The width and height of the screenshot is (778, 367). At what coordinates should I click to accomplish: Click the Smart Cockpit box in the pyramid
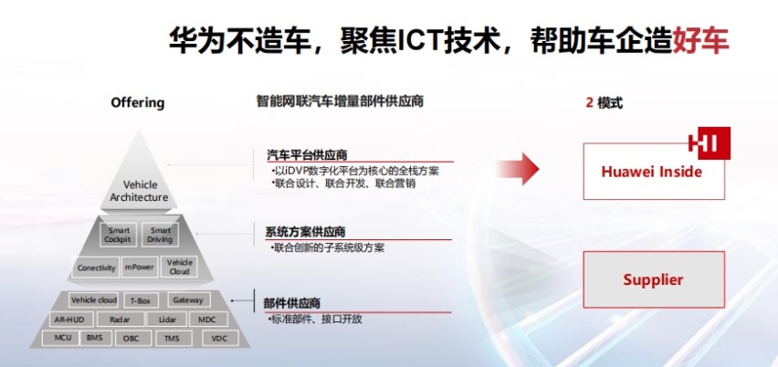pyautogui.click(x=118, y=235)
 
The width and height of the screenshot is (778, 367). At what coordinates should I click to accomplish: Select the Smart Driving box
pyautogui.click(x=160, y=235)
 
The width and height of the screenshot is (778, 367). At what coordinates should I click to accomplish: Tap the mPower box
pyautogui.click(x=140, y=267)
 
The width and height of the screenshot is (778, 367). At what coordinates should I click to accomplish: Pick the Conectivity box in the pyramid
pyautogui.click(x=96, y=267)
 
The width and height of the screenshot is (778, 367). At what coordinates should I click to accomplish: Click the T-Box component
pyautogui.click(x=141, y=300)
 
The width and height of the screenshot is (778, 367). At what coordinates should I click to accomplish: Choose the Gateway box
pyautogui.click(x=188, y=300)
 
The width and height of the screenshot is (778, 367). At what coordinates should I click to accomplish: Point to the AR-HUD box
pyautogui.click(x=70, y=320)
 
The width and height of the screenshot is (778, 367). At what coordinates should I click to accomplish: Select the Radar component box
pyautogui.click(x=120, y=320)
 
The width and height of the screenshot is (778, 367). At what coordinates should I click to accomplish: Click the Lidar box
pyautogui.click(x=167, y=320)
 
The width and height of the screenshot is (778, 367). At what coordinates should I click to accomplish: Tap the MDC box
pyautogui.click(x=208, y=320)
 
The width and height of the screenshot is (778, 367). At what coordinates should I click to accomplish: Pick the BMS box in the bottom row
pyautogui.click(x=94, y=338)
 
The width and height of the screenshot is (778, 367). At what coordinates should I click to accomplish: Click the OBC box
pyautogui.click(x=131, y=339)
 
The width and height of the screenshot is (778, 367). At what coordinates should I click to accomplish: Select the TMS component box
pyautogui.click(x=172, y=339)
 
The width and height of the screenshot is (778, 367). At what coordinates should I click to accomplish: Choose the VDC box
pyautogui.click(x=220, y=339)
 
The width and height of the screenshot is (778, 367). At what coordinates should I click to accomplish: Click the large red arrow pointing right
pyautogui.click(x=518, y=169)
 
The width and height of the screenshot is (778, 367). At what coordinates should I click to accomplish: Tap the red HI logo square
pyautogui.click(x=713, y=143)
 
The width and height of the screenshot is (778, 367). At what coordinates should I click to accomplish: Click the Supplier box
pyautogui.click(x=654, y=279)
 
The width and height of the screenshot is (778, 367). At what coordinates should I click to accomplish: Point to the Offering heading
pyautogui.click(x=138, y=102)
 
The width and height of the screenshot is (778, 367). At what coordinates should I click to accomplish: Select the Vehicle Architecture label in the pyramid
pyautogui.click(x=139, y=191)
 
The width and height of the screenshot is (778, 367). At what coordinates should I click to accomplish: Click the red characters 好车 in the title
pyautogui.click(x=700, y=40)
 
